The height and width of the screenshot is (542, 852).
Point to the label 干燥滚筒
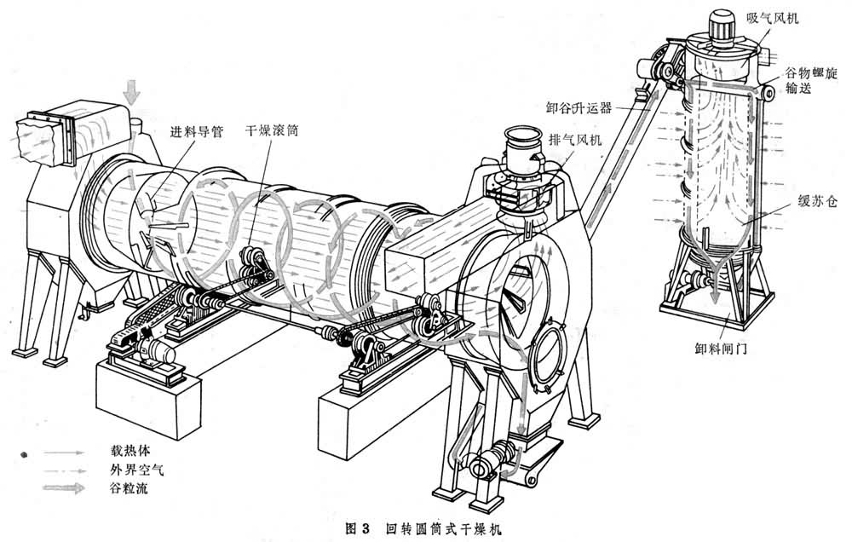pos(272,131)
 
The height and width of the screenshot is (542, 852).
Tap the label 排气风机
pos(575,140)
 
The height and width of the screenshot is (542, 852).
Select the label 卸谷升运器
pos(579,107)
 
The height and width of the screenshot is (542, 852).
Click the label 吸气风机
pos(772,19)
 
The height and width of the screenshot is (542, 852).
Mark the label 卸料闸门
pos(721,349)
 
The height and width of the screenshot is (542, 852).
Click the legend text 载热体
pos(130,451)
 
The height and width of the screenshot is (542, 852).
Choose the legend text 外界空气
pos(136,470)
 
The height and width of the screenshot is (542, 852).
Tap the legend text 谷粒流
pos(129,487)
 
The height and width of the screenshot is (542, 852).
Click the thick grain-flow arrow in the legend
pos(64,487)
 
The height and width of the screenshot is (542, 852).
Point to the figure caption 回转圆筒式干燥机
pos(445,528)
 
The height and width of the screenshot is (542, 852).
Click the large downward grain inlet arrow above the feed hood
pos(131,92)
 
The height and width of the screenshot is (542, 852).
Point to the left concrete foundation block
pos(148,397)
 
